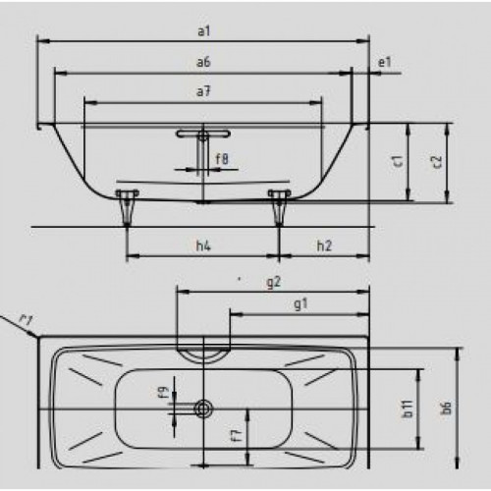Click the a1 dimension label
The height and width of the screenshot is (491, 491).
[x=203, y=31]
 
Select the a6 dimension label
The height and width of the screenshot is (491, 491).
[x=203, y=62]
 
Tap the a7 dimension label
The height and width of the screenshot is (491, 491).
[x=203, y=91]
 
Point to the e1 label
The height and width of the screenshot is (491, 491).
[x=384, y=62]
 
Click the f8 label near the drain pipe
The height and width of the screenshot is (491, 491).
[x=222, y=159]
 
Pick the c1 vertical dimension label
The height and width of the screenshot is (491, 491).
[x=399, y=161]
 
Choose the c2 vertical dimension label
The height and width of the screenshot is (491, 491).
[x=437, y=162]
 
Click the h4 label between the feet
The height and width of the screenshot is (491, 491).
[x=203, y=245]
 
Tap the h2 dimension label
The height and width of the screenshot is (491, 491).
[x=324, y=245]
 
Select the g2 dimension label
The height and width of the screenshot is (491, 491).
[x=274, y=282]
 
